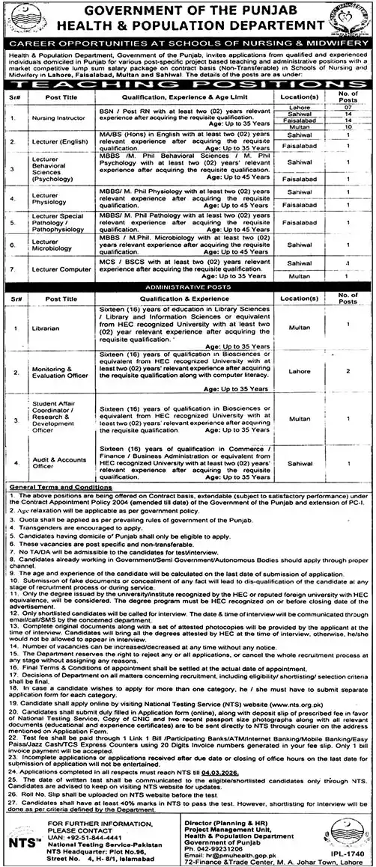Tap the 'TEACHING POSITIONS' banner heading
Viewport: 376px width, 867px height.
[x=187, y=88]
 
